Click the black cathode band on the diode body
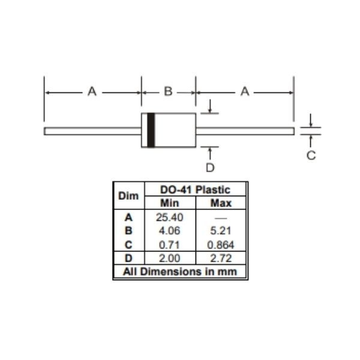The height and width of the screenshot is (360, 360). (x=151, y=130)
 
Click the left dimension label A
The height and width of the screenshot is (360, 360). (x=92, y=91)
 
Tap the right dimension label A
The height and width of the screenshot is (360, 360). (x=245, y=91)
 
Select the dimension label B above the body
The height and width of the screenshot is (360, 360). (x=168, y=91)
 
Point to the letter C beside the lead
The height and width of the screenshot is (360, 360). (x=311, y=155)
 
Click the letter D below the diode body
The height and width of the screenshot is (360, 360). (x=210, y=167)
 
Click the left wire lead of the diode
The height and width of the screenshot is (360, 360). (x=93, y=131)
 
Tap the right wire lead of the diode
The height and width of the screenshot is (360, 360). (x=245, y=131)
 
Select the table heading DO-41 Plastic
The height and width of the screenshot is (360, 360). (x=195, y=190)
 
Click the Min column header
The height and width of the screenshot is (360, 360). (x=169, y=203)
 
